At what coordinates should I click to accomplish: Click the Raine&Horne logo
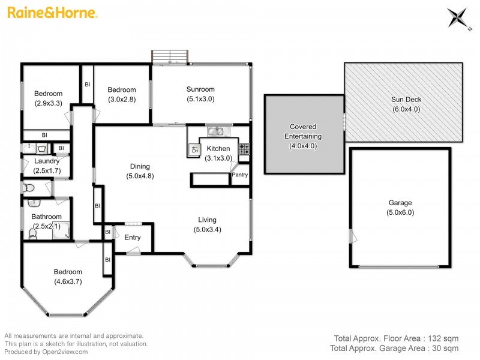(x=52, y=13)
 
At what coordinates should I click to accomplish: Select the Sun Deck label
(x=406, y=100)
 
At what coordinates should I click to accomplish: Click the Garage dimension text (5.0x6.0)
(x=400, y=212)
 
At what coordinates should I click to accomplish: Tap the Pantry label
(x=240, y=175)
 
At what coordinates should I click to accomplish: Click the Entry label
(x=133, y=238)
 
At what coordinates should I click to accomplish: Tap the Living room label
(x=205, y=220)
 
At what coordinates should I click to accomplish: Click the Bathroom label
(x=47, y=217)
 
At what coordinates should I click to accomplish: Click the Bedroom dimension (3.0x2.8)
(x=122, y=99)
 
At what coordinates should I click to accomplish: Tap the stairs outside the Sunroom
(x=169, y=56)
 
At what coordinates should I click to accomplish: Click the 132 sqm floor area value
(x=444, y=338)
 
